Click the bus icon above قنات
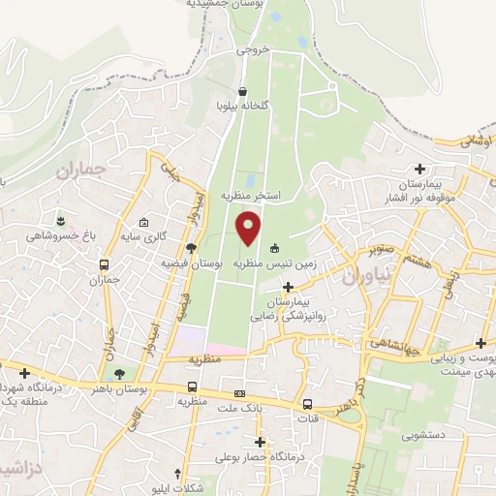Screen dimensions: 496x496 pos(307,405)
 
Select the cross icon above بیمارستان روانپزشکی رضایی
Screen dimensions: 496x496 pos(288,286)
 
